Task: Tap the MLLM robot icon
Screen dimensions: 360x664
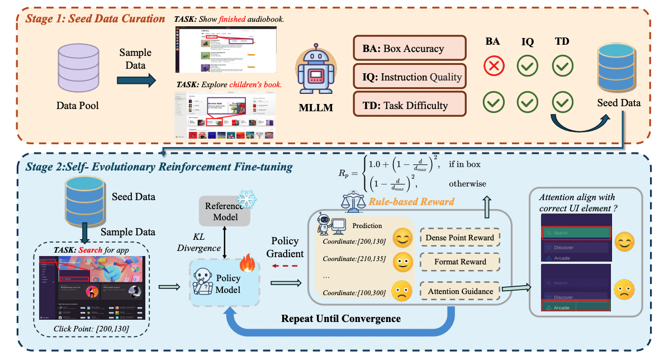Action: pyautogui.click(x=316, y=73)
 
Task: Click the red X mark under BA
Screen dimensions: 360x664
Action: pyautogui.click(x=495, y=66)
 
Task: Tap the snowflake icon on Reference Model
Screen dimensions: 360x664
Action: pyautogui.click(x=245, y=201)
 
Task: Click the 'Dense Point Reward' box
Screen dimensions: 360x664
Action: pyautogui.click(x=459, y=238)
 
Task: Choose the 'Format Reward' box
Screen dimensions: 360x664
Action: pyautogui.click(x=459, y=262)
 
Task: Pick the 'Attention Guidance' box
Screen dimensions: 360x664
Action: pyautogui.click(x=459, y=291)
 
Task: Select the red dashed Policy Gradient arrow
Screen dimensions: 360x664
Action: pyautogui.click(x=285, y=267)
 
